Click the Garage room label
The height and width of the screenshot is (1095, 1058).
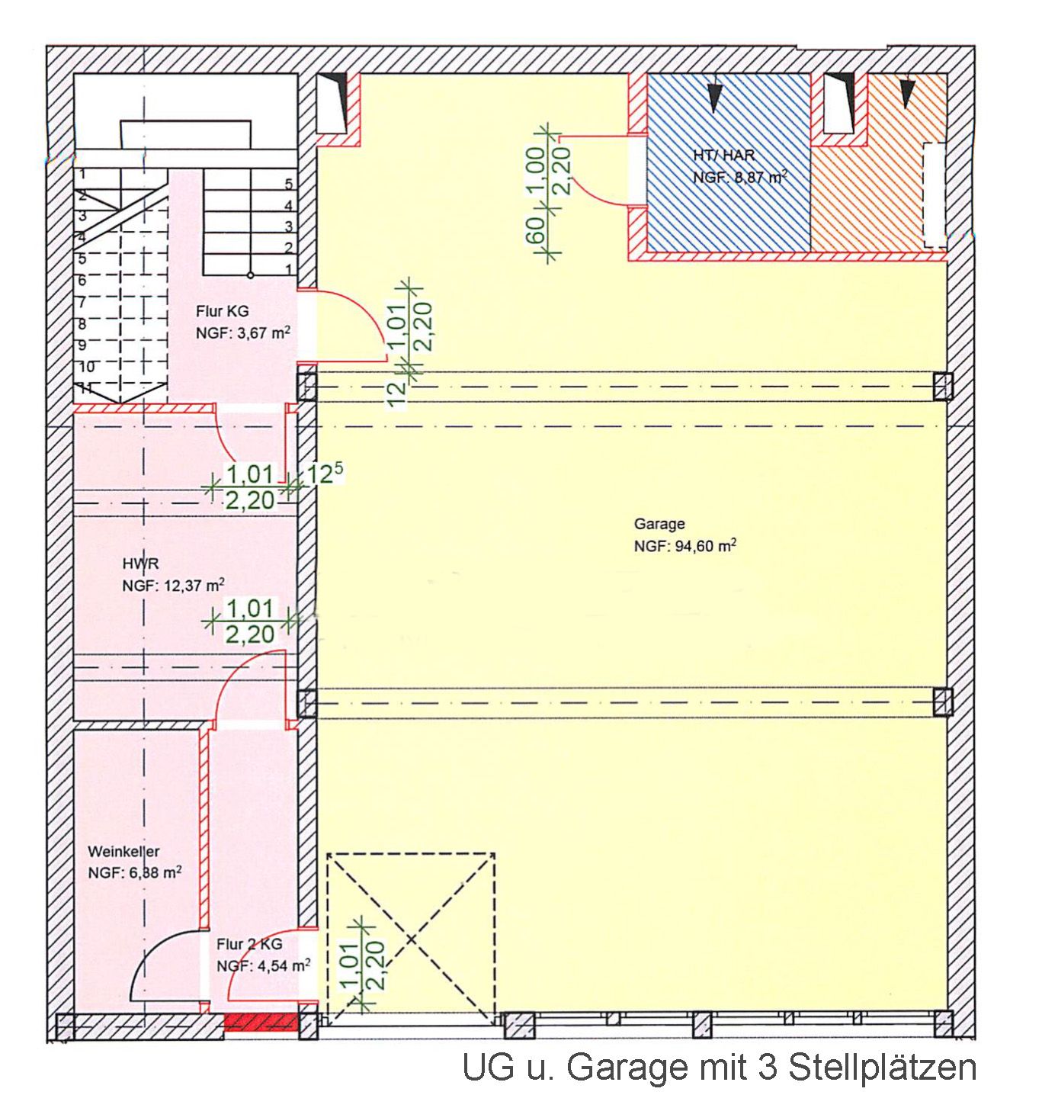tap(659, 524)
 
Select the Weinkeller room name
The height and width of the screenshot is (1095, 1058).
tap(123, 851)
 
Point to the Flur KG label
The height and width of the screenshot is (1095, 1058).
tap(222, 311)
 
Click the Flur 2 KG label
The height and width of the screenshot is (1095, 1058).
tap(249, 944)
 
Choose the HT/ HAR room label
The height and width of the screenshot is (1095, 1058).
tap(724, 155)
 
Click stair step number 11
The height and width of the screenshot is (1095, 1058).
tap(86, 387)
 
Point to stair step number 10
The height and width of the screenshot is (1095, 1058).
tap(87, 367)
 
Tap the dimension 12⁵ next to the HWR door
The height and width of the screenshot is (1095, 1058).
tap(323, 474)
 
